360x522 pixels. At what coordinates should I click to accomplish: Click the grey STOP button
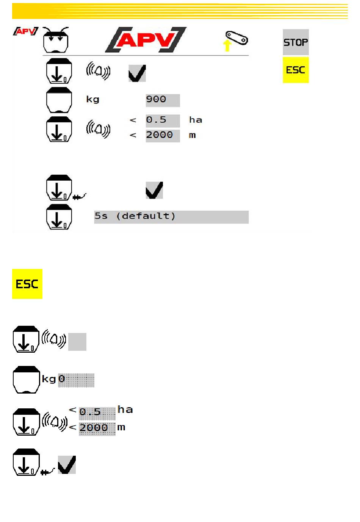[x=296, y=42]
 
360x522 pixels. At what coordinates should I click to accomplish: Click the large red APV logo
[x=146, y=40]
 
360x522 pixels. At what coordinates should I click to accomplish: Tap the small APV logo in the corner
[x=26, y=31]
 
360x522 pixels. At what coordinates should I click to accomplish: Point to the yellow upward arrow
[x=227, y=45]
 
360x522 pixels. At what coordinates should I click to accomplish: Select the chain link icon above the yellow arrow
[x=236, y=38]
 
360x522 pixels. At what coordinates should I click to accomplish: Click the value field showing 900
[x=163, y=100]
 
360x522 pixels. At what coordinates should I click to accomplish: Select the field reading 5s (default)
[x=171, y=217]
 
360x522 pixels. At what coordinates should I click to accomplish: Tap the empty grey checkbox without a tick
[x=77, y=342]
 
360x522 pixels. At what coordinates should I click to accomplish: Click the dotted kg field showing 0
[x=76, y=380]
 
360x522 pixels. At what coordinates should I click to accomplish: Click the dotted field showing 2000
[x=97, y=429]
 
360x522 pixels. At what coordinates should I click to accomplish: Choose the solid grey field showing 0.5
[x=163, y=121]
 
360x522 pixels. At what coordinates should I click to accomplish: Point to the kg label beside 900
[x=93, y=100]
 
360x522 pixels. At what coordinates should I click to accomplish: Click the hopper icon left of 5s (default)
[x=59, y=217]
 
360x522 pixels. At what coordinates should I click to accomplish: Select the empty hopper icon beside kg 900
[x=59, y=100]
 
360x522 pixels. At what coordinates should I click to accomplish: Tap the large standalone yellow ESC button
[x=27, y=284]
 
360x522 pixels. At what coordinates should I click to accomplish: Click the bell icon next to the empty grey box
[x=54, y=339]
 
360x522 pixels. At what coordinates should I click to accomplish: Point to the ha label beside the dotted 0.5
[x=125, y=409]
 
